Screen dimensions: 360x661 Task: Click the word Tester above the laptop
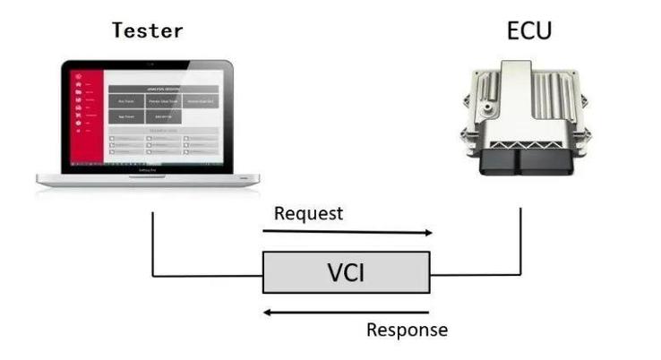tap(147, 30)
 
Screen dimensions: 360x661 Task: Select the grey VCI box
tap(346, 272)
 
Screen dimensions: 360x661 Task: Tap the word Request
tap(308, 213)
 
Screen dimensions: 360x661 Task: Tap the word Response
tap(407, 330)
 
